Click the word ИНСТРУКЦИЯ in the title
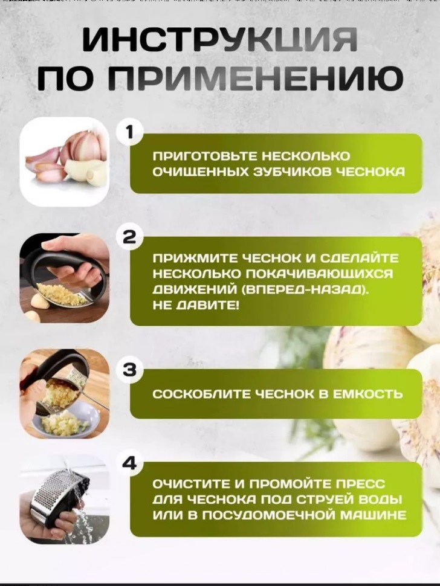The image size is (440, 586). pyautogui.click(x=220, y=39)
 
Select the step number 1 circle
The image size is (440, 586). pyautogui.click(x=129, y=132)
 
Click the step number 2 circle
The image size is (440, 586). pyautogui.click(x=129, y=236)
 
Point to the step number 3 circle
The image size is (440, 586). pyautogui.click(x=129, y=370)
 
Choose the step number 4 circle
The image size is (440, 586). pyautogui.click(x=129, y=463)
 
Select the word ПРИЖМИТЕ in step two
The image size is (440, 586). pyautogui.click(x=193, y=258)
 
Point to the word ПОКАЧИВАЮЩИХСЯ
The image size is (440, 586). pyautogui.click(x=319, y=274)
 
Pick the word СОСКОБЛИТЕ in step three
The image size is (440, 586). pyautogui.click(x=202, y=394)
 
